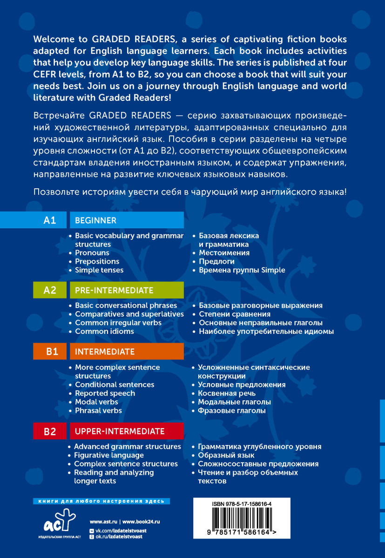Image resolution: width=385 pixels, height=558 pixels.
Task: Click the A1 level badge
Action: pyautogui.click(x=50, y=220)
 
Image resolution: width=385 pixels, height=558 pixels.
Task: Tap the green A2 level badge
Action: pyautogui.click(x=50, y=291)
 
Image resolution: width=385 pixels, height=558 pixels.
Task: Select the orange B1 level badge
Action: pyautogui.click(x=50, y=352)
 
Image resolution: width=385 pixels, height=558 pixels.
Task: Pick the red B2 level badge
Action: pyautogui.click(x=50, y=432)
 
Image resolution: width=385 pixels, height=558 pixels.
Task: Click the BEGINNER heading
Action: pyautogui.click(x=95, y=220)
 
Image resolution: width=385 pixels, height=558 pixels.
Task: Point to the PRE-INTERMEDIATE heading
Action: pyautogui.click(x=114, y=291)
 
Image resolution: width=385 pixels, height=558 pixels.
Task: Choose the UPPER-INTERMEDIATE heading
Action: pyautogui.click(x=120, y=431)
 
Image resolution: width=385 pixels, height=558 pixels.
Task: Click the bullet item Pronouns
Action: pyautogui.click(x=92, y=253)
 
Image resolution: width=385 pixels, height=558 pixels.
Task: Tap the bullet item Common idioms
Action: pyautogui.click(x=104, y=332)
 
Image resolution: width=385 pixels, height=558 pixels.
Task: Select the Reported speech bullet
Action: pyautogui.click(x=105, y=393)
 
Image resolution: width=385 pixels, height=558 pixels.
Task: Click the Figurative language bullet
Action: pyautogui.click(x=109, y=455)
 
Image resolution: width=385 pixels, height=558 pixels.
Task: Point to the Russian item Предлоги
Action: pyautogui.click(x=216, y=261)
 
